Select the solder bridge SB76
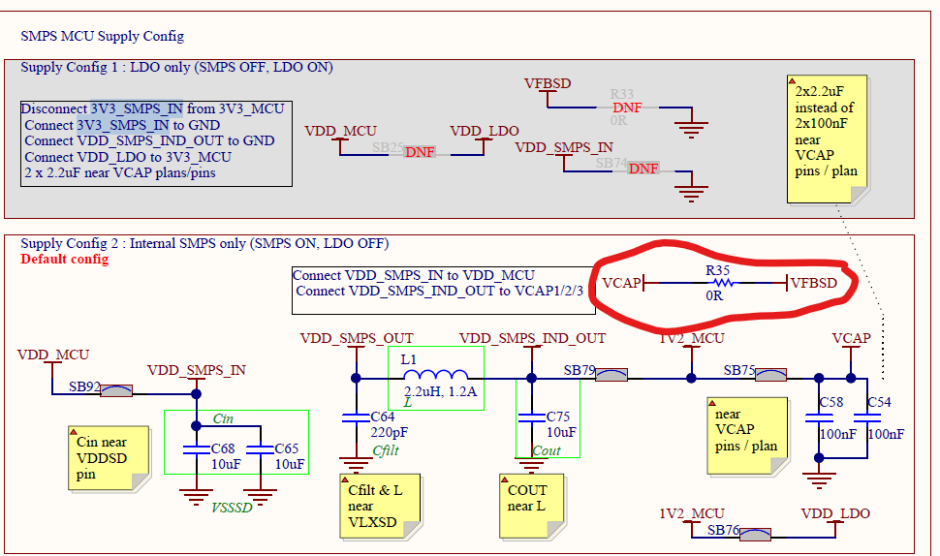pyautogui.click(x=754, y=533)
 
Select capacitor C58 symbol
pyautogui.click(x=819, y=418)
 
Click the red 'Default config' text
pyautogui.click(x=64, y=260)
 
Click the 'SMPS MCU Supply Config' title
pyautogui.click(x=103, y=36)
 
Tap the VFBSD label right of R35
pyautogui.click(x=815, y=283)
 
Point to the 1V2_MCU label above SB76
pyautogui.click(x=691, y=513)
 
